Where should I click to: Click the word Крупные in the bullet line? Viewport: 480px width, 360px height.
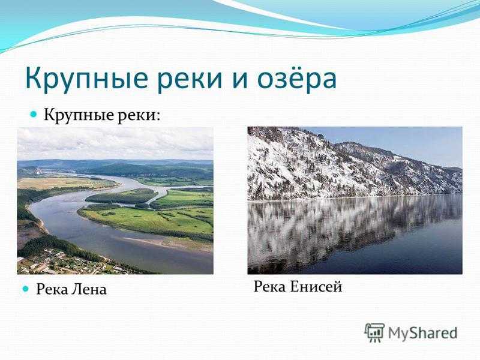point(79,115)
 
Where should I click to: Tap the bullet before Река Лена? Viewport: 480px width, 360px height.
point(26,289)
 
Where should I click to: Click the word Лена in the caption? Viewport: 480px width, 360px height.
point(89,289)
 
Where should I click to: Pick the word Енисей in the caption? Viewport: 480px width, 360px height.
point(316,287)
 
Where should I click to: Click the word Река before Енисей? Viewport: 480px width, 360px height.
point(270,287)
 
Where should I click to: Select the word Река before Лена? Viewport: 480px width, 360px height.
point(52,289)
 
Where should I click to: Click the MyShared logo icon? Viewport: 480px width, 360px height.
point(374,332)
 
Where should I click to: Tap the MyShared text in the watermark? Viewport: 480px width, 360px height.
point(423,333)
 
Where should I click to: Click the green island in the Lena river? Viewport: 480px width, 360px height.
point(121,196)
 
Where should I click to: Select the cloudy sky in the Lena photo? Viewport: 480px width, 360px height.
point(115,143)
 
